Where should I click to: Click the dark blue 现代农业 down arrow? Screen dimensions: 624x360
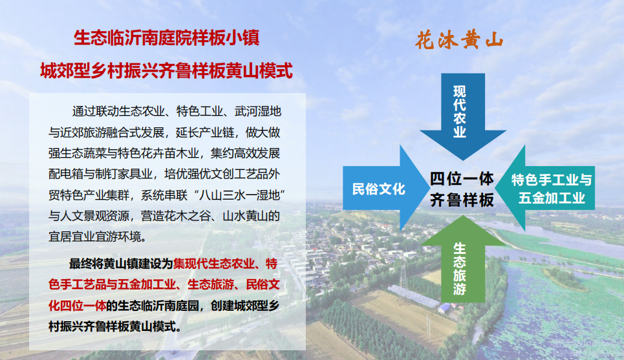463,115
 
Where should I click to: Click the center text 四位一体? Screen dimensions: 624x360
462,178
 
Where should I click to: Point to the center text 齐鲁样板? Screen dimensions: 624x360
462,200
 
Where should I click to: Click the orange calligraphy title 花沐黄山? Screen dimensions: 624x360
460,40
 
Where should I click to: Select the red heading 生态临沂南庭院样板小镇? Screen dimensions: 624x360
167,37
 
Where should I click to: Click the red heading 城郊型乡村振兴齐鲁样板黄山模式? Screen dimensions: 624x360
166,71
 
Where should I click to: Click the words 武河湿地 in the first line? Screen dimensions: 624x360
258,111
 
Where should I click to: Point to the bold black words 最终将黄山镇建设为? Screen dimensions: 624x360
121,263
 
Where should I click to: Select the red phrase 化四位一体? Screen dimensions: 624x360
77,306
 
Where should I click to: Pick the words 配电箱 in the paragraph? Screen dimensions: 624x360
66,175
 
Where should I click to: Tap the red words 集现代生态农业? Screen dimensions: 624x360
213,263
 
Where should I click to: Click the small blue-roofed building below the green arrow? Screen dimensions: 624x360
444,308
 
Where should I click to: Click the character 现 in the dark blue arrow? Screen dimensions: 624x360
460,92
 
